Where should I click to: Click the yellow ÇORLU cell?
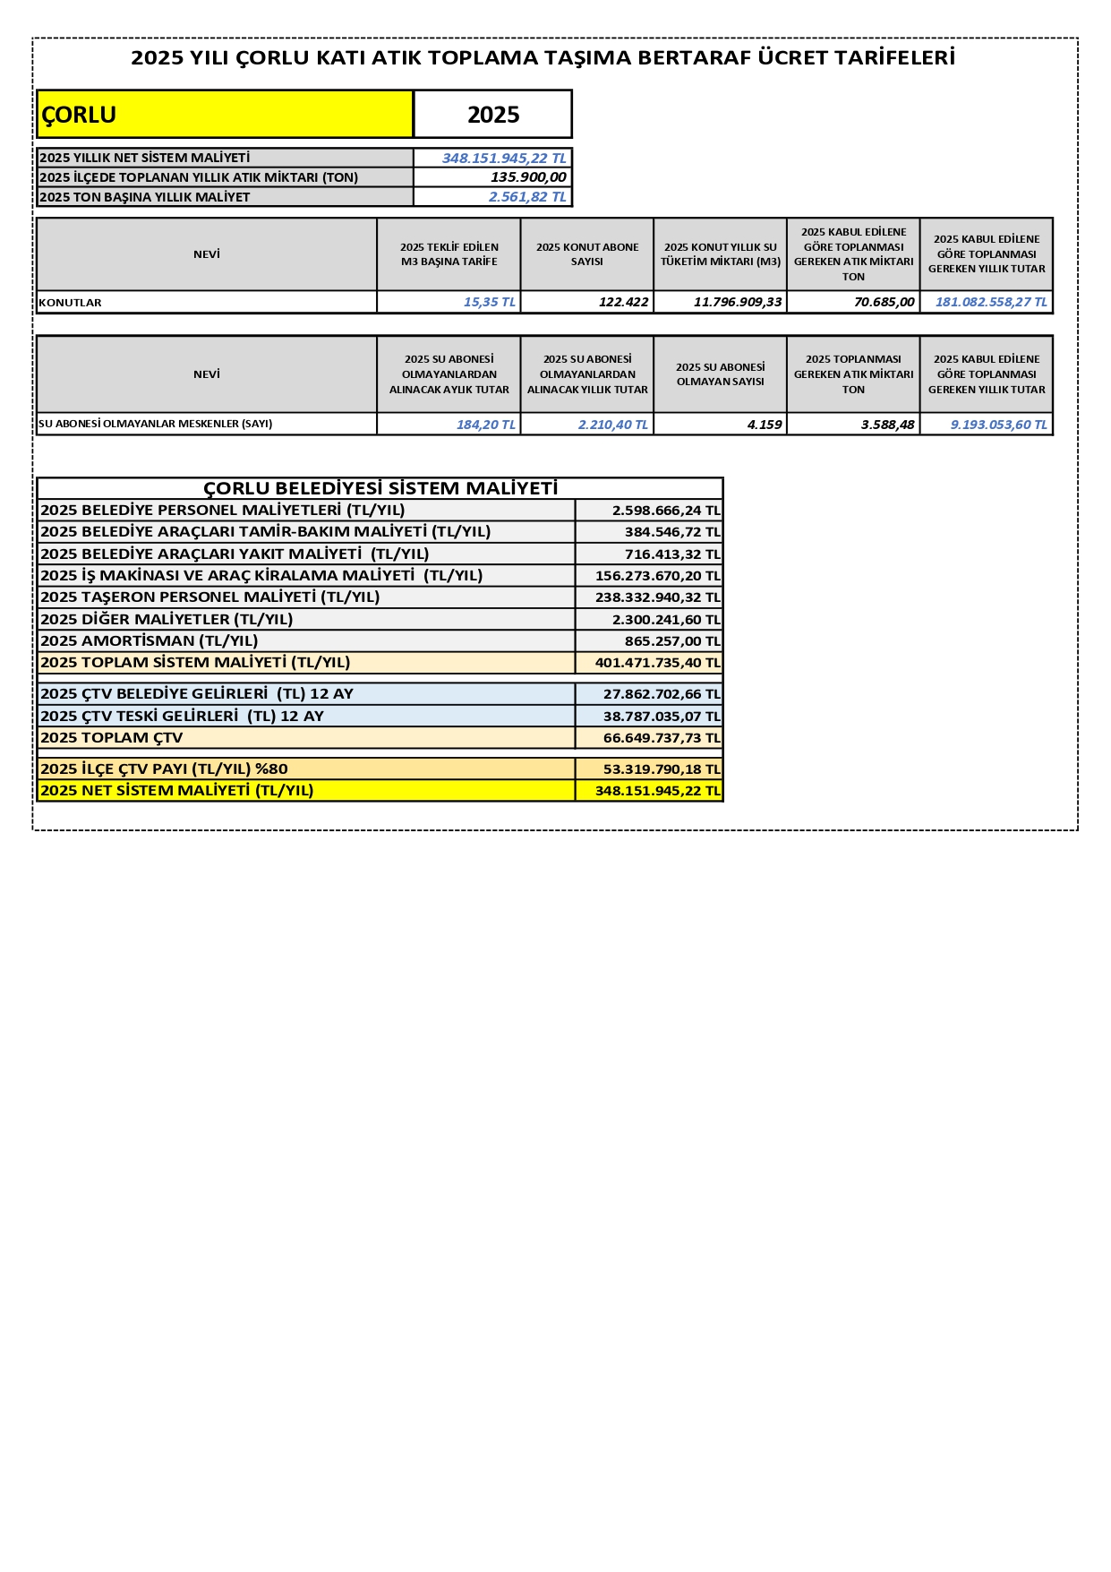224,115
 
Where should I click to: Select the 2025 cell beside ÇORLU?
492,115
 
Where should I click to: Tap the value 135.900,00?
528,177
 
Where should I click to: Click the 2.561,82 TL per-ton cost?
527,197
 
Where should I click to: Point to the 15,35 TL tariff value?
489,302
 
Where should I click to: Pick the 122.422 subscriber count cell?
623,302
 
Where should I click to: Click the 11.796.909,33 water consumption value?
738,302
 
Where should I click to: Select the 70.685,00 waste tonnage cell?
884,302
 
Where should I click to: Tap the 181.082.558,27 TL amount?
991,302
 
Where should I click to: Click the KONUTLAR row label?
71,303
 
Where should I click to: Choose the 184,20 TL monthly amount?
485,425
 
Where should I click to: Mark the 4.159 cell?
765,425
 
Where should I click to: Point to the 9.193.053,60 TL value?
998,425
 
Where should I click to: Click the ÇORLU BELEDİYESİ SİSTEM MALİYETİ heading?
380,488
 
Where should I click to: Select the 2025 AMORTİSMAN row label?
150,640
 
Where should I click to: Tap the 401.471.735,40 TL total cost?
657,663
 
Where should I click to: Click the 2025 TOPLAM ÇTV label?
112,737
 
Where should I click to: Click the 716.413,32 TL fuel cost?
672,554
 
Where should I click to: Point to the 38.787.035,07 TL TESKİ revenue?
662,716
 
